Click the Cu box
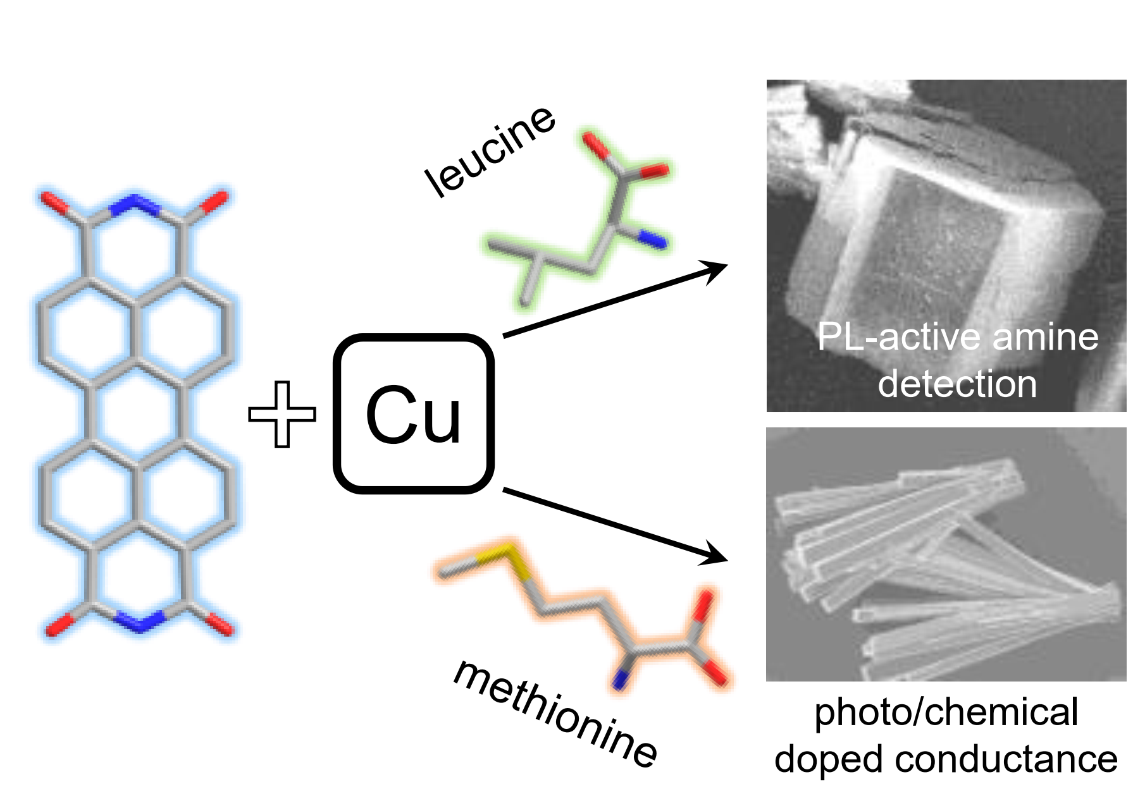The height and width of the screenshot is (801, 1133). point(413,414)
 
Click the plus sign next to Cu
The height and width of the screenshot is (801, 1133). point(282,414)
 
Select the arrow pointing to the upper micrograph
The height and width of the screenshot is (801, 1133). point(614,300)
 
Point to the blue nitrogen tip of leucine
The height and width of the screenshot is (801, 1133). point(655,240)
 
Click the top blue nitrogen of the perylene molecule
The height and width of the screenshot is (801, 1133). point(135,204)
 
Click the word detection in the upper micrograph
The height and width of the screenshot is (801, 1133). point(957,384)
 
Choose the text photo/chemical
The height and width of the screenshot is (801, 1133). point(946,712)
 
